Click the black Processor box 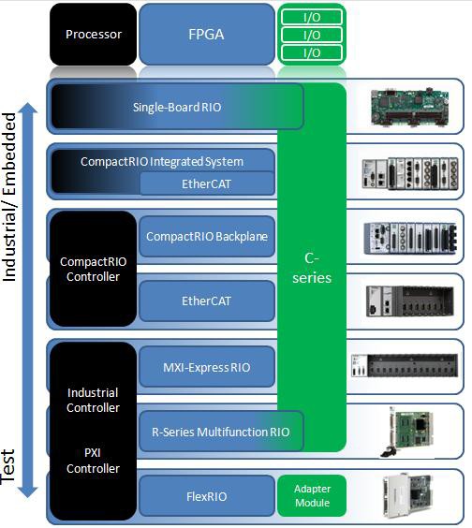pos(93,35)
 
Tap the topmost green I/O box pos(312,16)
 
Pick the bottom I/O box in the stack pos(312,53)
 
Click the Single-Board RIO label pos(177,107)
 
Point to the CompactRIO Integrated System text pos(161,162)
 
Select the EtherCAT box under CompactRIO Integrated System pos(207,183)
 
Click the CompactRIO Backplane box pos(207,237)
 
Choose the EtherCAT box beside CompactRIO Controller pos(207,301)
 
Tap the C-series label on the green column pos(312,268)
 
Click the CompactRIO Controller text pos(90,269)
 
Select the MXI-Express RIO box pos(207,367)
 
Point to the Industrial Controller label pos(93,400)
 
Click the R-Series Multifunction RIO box pos(221,432)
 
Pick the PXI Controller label pos(93,461)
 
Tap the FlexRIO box pos(207,496)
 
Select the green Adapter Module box pos(312,496)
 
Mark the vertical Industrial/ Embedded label pos(10,197)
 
